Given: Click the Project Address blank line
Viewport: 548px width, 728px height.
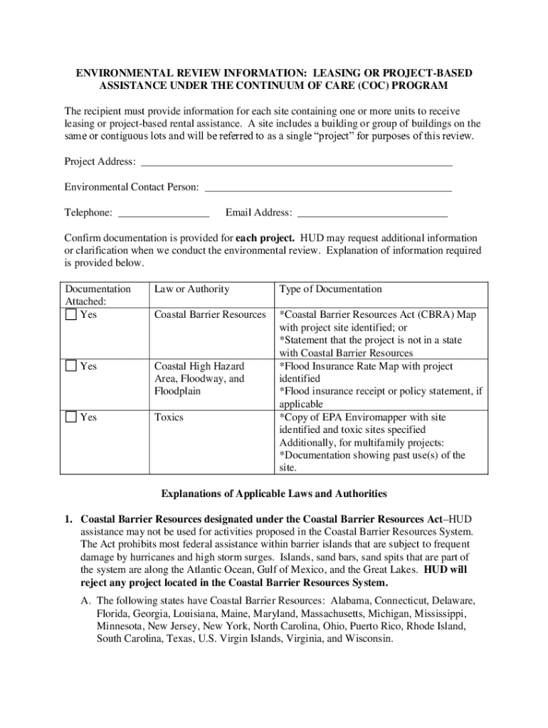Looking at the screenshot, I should [x=297, y=162].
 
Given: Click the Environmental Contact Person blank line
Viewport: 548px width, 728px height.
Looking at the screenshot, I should [x=328, y=188].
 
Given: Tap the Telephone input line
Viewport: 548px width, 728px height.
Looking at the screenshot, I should [x=163, y=213].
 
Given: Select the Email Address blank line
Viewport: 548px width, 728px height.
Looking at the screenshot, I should [x=372, y=213].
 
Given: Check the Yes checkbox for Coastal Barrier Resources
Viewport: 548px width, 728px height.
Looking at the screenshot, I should [x=70, y=315].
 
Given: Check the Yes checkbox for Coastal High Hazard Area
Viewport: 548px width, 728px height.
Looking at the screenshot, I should [x=70, y=366].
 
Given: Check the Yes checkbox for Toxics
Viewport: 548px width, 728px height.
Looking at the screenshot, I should [x=70, y=417].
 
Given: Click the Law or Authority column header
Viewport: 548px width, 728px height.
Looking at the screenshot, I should [x=191, y=289].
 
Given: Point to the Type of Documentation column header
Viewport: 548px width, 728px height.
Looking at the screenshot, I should [x=330, y=289].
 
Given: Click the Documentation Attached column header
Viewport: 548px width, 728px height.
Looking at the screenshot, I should [x=98, y=295].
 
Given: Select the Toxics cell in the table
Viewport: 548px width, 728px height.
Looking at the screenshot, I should [x=169, y=417].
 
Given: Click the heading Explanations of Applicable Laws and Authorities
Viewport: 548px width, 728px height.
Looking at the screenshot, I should [x=273, y=493].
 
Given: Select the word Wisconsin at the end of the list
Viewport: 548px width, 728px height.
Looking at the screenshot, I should [x=369, y=639].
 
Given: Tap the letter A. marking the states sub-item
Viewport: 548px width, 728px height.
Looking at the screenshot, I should [x=85, y=601].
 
